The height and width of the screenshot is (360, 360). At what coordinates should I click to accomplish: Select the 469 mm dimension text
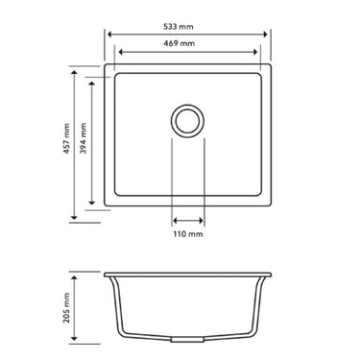pyautogui.click(x=187, y=44)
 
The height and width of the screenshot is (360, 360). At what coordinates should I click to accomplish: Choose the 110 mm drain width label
pyautogui.click(x=187, y=233)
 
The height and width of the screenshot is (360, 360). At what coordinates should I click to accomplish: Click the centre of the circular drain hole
pyautogui.click(x=187, y=120)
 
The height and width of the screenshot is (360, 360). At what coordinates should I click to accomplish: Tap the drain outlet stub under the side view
pyautogui.click(x=187, y=341)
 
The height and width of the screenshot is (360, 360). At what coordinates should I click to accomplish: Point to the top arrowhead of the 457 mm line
pyautogui.click(x=76, y=72)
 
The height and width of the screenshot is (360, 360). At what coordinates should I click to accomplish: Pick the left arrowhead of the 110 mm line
pyautogui.click(x=175, y=218)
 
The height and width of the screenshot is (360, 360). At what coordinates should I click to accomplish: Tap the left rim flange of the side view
pyautogui.click(x=108, y=275)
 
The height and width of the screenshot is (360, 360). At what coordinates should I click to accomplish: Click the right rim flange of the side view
pyautogui.click(x=266, y=275)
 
